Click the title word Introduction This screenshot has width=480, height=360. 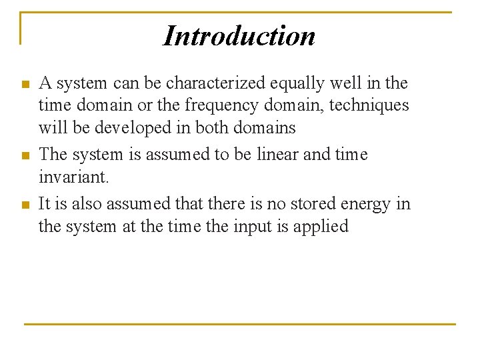pyautogui.click(x=239, y=35)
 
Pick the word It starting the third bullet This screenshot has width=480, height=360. pyautogui.click(x=46, y=203)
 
